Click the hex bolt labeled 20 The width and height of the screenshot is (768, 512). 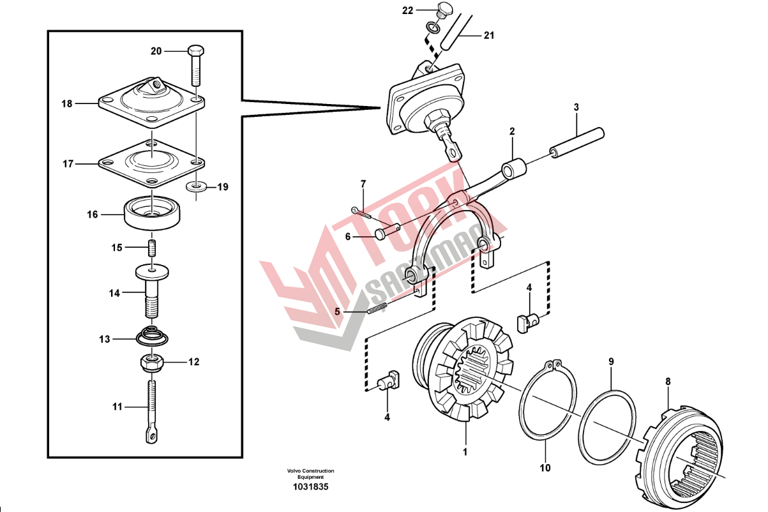tap(196, 66)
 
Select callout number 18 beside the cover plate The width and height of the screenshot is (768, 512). tap(67, 103)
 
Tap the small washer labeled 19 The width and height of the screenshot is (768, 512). tap(196, 187)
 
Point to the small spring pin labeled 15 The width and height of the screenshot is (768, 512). tap(152, 247)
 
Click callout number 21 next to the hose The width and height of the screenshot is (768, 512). tap(489, 35)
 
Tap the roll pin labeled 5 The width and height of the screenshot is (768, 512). tap(377, 309)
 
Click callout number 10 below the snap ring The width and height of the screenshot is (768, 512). tap(545, 468)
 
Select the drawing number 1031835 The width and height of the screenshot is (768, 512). tap(311, 486)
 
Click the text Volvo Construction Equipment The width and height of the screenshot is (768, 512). tap(311, 474)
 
